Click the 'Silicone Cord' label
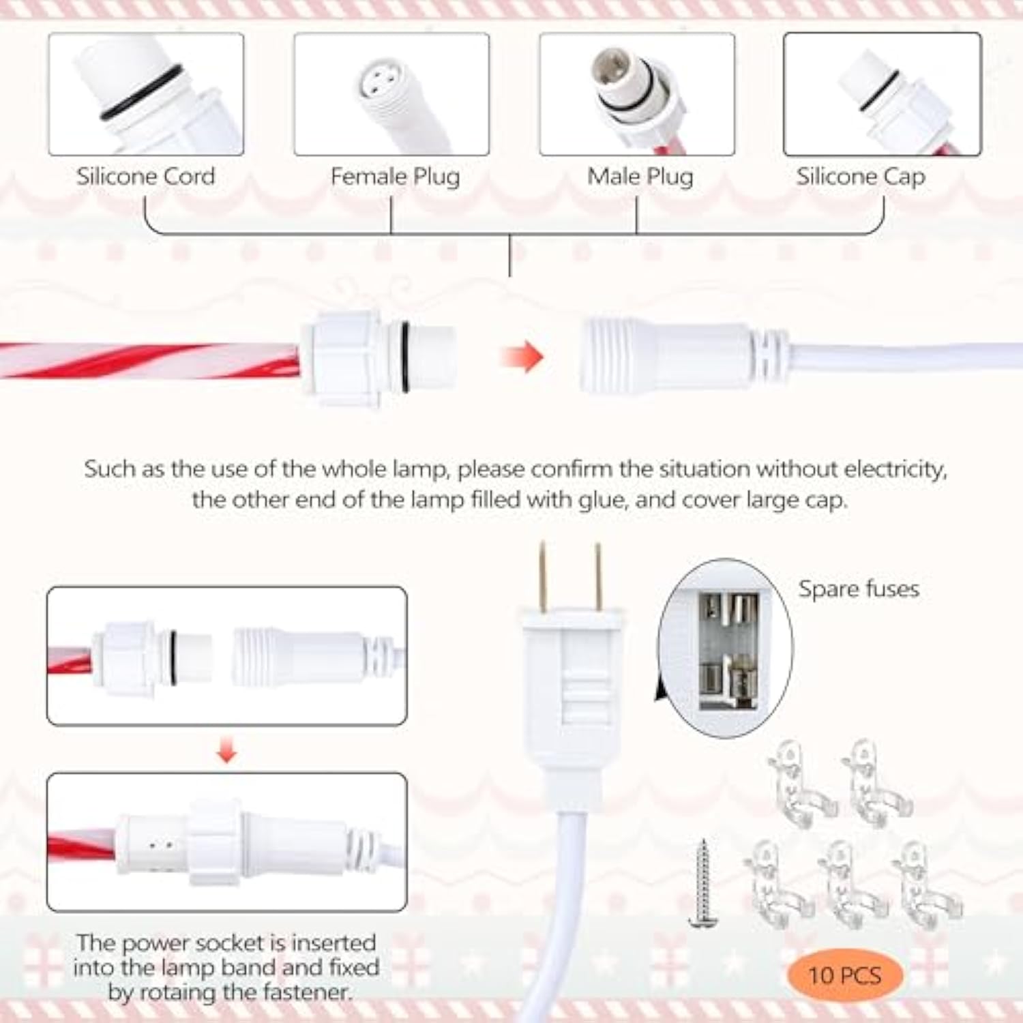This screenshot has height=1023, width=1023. tap(145, 177)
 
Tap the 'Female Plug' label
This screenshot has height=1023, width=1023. tap(395, 177)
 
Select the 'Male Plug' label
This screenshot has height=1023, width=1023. tap(640, 177)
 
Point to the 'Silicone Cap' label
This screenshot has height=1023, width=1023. tap(861, 177)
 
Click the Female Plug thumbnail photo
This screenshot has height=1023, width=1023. tap(391, 94)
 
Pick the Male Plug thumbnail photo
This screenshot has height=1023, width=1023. tap(637, 94)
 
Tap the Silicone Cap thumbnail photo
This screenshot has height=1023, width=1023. tap(883, 94)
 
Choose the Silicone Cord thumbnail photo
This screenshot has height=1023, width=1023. tap(146, 94)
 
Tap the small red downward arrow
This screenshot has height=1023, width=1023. tap(226, 752)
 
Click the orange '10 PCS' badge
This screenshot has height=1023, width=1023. tap(845, 975)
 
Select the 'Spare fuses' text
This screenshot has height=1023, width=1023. tap(859, 589)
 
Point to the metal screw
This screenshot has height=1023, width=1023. tap(702, 883)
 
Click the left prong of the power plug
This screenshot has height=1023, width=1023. tap(543, 576)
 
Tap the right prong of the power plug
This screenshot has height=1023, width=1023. tap(598, 576)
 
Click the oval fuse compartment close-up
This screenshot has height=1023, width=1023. tap(725, 648)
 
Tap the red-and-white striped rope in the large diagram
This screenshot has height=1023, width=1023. tap(150, 360)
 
